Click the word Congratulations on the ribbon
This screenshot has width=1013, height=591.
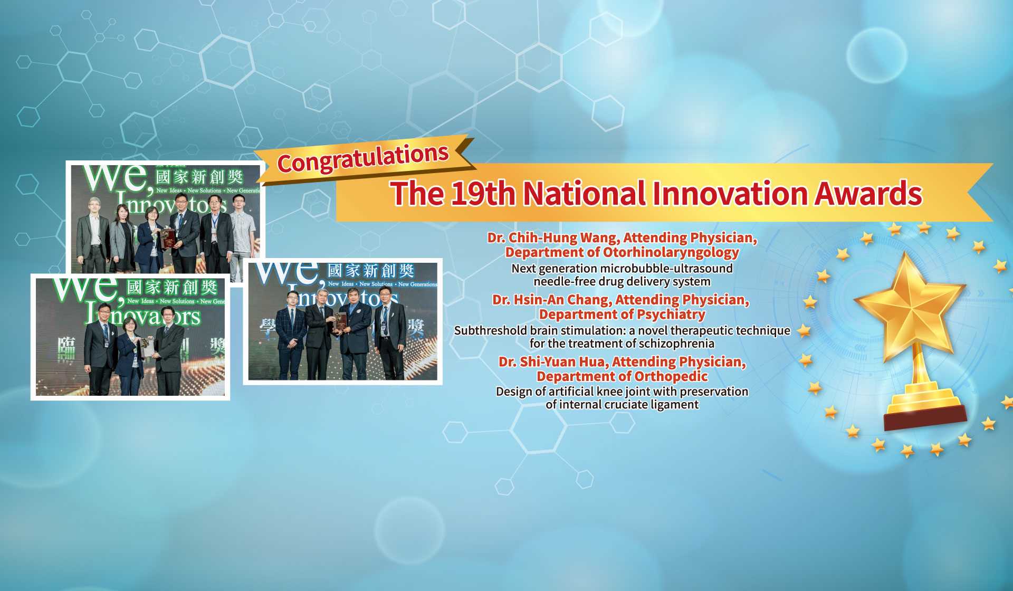click(363, 158)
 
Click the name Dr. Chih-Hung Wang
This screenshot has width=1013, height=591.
click(551, 238)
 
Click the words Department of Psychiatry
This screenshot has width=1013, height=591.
click(622, 314)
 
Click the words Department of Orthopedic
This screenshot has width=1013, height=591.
click(622, 376)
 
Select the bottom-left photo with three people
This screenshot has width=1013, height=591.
click(130, 337)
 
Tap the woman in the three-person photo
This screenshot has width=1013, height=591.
click(130, 351)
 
